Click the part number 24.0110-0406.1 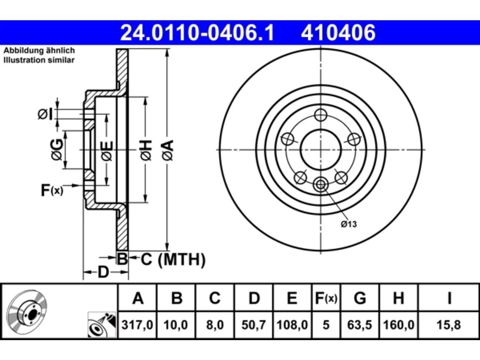(x=197, y=33)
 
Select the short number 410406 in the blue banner (x=338, y=33)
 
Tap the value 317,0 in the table (x=137, y=325)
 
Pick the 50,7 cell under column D (x=253, y=325)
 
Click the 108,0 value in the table (x=292, y=325)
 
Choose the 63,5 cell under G (x=360, y=325)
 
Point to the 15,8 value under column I (x=449, y=325)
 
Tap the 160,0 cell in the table (x=399, y=325)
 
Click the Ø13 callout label (x=349, y=224)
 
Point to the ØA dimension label (x=168, y=150)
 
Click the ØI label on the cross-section (x=45, y=114)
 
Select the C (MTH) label (x=173, y=259)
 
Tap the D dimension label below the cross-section (x=103, y=272)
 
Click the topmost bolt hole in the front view (x=321, y=115)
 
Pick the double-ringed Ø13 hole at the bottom (x=321, y=185)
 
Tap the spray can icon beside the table (x=102, y=324)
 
